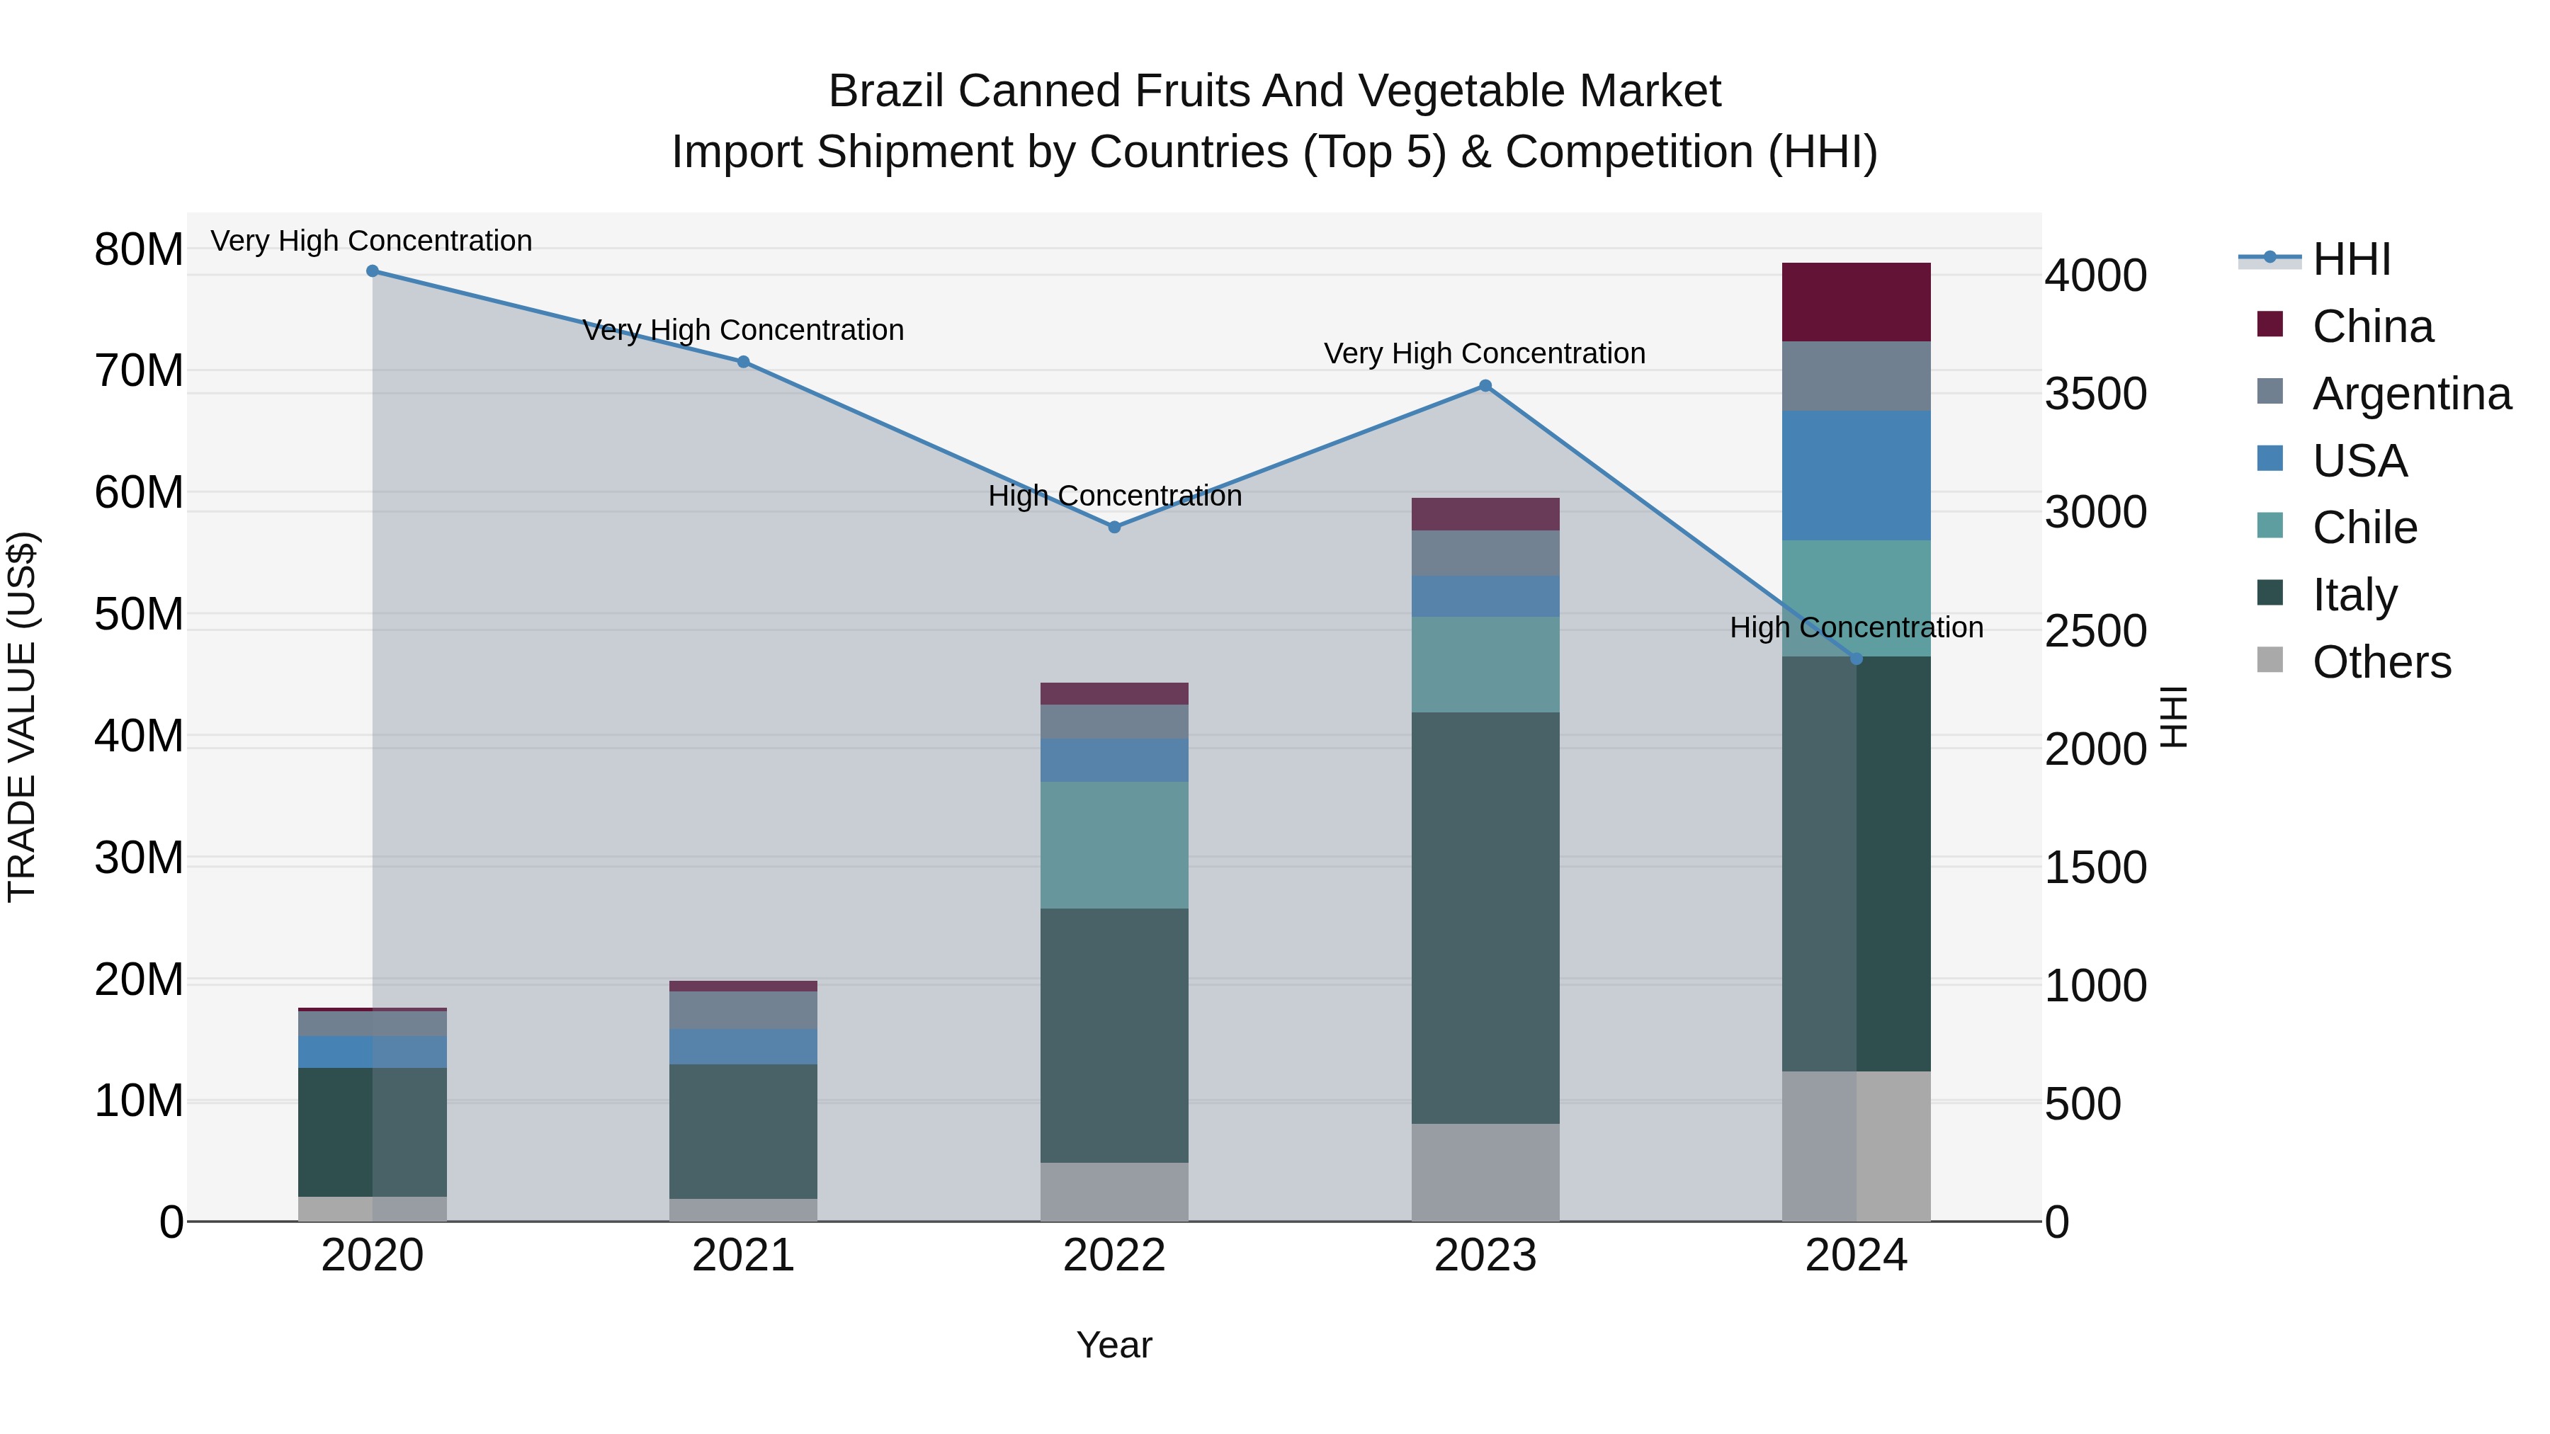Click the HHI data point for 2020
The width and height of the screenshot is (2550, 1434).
point(372,271)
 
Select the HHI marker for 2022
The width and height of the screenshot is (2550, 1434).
point(1113,528)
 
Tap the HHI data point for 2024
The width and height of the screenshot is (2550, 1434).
point(1856,659)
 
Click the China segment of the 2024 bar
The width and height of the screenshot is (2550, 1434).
point(1856,302)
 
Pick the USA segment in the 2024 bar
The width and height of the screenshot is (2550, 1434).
point(1856,475)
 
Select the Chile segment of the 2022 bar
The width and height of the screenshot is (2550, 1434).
point(1113,844)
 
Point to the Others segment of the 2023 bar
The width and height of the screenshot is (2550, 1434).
point(1485,1172)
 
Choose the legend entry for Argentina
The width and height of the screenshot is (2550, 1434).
point(2410,394)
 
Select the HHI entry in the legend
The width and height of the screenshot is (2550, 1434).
point(2351,259)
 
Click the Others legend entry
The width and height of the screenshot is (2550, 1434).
point(2381,662)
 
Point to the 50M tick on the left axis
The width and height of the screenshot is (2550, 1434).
point(139,615)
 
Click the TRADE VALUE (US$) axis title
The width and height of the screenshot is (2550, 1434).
point(22,717)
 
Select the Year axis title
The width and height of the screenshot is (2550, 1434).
point(1113,1345)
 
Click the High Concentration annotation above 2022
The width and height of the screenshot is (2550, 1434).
point(1113,496)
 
